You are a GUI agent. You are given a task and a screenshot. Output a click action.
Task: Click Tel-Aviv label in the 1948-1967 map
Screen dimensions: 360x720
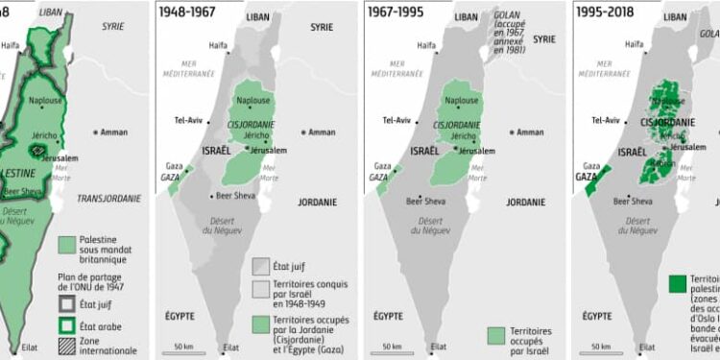pyautogui.click(x=186, y=121)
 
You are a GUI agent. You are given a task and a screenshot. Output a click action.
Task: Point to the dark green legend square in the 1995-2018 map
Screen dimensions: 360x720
pyautogui.click(x=677, y=283)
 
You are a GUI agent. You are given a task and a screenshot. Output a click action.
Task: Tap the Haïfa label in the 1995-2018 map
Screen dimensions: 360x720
pyautogui.click(x=634, y=44)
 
